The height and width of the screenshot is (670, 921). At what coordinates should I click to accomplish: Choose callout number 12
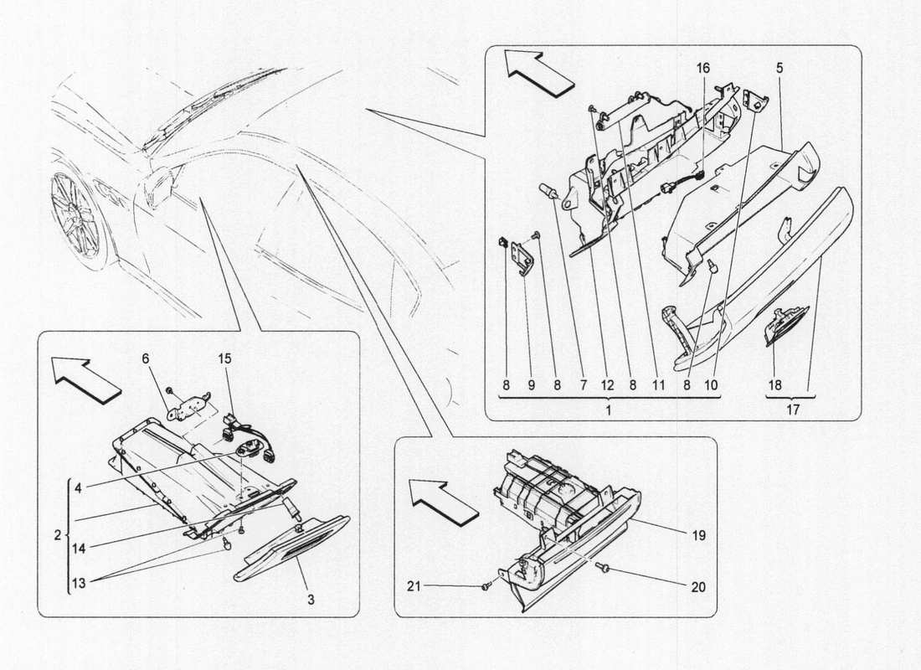pyautogui.click(x=607, y=387)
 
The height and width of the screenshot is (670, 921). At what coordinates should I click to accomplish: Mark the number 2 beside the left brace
pyautogui.click(x=58, y=534)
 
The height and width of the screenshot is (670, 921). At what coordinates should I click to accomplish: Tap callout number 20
pyautogui.click(x=698, y=588)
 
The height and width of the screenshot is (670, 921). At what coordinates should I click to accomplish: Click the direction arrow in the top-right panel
pyautogui.click(x=538, y=70)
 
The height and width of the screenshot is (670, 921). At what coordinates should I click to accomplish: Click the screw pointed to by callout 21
pyautogui.click(x=486, y=588)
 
